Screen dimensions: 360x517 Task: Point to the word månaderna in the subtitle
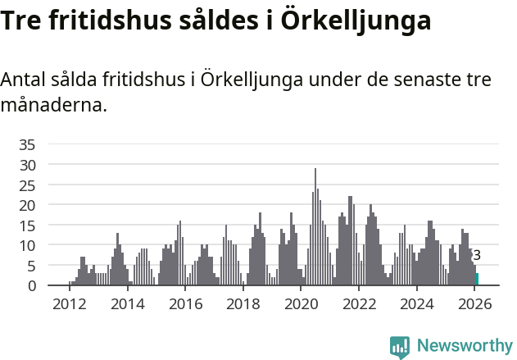[x=54, y=106]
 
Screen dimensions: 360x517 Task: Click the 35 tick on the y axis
[x=27, y=144]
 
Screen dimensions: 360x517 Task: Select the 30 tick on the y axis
[x=27, y=165]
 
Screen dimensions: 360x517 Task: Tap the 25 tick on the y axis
[x=27, y=185]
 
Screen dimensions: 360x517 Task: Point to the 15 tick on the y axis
[x=27, y=225]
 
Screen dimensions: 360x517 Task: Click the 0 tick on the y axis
[x=31, y=285]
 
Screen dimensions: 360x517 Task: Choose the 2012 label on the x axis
[x=70, y=304]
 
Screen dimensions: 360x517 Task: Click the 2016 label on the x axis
[x=185, y=304]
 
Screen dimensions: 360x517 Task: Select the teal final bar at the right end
[x=477, y=280]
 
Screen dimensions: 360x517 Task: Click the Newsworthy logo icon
[x=400, y=346]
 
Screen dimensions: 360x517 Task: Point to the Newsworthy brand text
[x=464, y=346]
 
